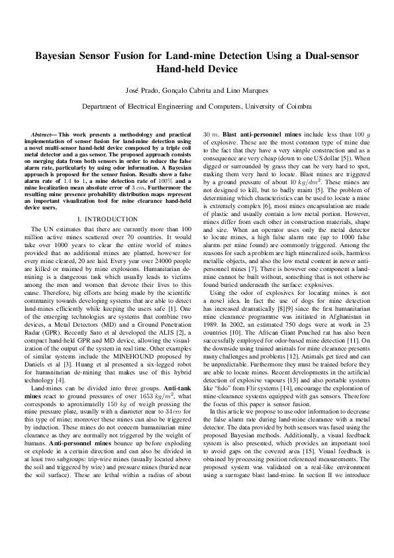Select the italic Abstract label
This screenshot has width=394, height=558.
click(x=44, y=133)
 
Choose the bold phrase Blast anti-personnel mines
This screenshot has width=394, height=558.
click(x=252, y=133)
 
